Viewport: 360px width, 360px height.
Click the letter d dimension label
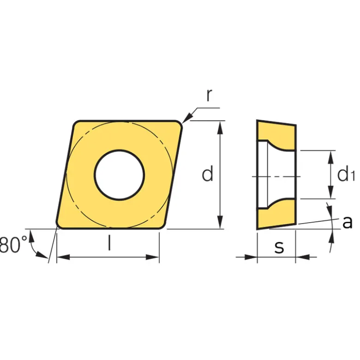click(x=207, y=173)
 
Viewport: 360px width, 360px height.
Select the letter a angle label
click(x=347, y=222)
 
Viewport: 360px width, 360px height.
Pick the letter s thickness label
click(x=279, y=247)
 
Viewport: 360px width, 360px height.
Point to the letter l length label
click(x=110, y=243)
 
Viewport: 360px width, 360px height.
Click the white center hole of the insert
click(x=120, y=175)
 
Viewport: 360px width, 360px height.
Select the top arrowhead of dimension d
click(x=220, y=127)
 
